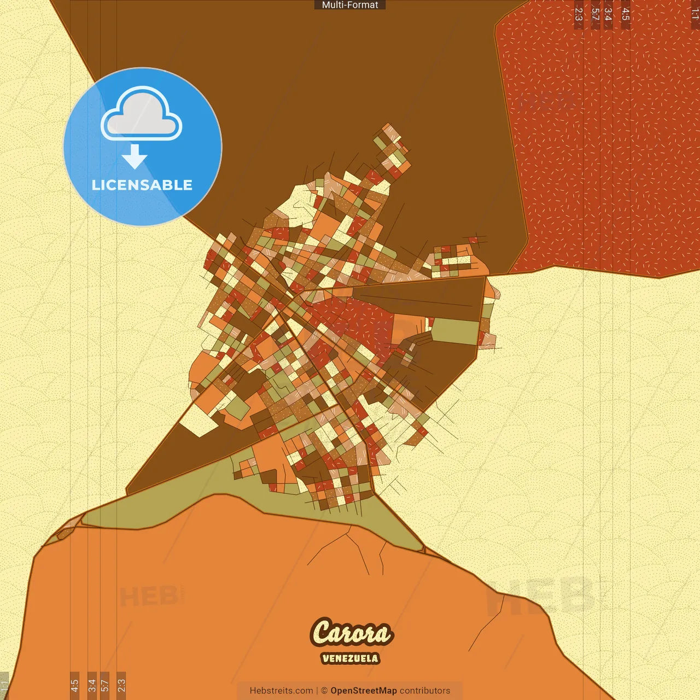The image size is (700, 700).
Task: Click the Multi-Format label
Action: point(350,5)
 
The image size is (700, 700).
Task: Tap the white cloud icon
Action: point(142,113)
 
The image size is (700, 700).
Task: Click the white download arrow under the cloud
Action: point(135,156)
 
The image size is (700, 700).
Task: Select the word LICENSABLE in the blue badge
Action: point(142,185)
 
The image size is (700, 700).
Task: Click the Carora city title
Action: point(351,633)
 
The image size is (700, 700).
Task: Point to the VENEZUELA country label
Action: point(350,658)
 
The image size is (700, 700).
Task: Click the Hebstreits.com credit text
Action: point(281,691)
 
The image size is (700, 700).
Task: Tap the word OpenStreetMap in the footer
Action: point(364,691)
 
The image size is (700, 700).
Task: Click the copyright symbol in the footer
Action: point(324,691)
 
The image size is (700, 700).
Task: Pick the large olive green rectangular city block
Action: point(455,331)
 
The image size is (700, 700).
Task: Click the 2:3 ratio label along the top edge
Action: point(579,14)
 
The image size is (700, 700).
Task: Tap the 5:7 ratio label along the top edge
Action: point(596,14)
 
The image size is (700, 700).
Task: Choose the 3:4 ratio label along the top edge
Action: point(608,14)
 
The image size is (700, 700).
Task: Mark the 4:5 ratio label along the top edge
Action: point(626,14)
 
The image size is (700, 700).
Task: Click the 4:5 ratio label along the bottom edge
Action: point(75,685)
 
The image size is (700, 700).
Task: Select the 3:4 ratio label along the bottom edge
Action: point(92,685)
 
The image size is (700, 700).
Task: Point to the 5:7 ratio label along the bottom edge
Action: point(104,685)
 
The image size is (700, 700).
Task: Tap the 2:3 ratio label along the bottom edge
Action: point(121,685)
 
